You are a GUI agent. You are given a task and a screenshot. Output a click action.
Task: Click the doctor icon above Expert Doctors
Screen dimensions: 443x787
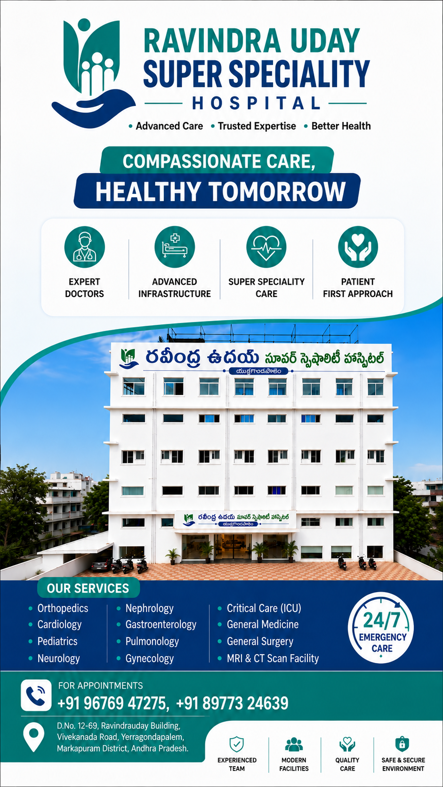point(84,247)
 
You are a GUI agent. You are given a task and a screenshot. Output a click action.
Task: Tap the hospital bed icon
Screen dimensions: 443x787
point(175,247)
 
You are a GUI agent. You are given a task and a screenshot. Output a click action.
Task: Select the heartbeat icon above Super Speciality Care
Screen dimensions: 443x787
point(266,247)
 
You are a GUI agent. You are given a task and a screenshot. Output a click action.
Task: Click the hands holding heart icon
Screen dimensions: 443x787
point(358,247)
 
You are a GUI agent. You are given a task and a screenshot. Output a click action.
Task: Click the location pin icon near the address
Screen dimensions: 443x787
point(34,738)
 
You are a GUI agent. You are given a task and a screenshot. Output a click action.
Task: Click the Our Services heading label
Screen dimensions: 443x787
point(88,588)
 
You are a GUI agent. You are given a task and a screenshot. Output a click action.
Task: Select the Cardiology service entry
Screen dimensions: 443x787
point(59,624)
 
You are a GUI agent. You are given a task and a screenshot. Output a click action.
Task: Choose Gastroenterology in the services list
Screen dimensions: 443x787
point(161,624)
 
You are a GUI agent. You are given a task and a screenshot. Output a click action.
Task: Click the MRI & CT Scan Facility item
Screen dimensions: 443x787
point(273,658)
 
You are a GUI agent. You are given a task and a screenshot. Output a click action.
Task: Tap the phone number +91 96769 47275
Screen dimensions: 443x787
point(111,703)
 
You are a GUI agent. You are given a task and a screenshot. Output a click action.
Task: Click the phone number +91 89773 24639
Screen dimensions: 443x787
point(232,703)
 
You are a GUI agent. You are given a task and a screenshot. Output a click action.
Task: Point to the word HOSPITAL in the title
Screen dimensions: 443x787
point(256,103)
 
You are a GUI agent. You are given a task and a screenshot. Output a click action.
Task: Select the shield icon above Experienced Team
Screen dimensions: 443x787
point(236,744)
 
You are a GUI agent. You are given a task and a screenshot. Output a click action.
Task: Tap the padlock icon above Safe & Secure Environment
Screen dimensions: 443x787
point(402,744)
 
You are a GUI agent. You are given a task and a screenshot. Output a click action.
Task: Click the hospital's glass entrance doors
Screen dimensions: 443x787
point(233,546)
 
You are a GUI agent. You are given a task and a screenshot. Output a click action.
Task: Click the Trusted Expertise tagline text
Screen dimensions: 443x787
point(257,126)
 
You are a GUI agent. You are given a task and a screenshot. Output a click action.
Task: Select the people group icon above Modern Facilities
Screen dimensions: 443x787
point(294,744)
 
